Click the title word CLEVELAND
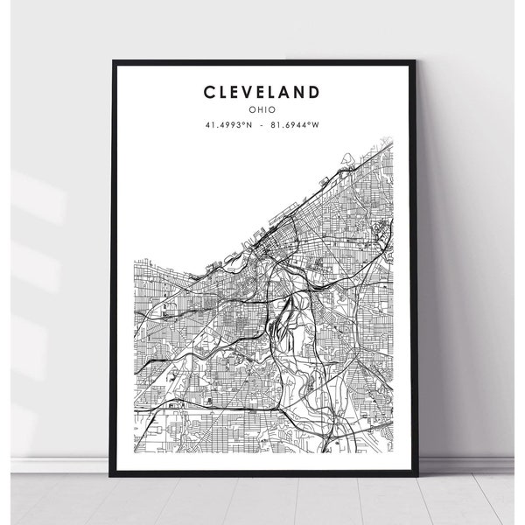[x=262, y=92]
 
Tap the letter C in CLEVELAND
[x=210, y=92]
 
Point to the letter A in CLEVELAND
[x=289, y=92]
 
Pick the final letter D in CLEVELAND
[x=315, y=92]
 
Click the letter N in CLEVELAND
[x=302, y=92]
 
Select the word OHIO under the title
[x=262, y=109]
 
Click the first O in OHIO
[x=252, y=109]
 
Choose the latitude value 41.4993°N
[x=228, y=124]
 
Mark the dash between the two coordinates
[x=262, y=124]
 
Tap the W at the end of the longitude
[x=316, y=124]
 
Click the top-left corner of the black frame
[x=112, y=60]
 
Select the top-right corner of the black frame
[x=415, y=60]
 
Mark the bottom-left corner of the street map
[x=133, y=452]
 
